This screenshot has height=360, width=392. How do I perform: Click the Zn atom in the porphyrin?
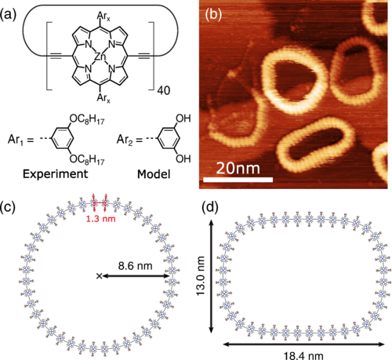[100, 56]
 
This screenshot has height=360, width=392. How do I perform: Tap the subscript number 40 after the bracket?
[164, 90]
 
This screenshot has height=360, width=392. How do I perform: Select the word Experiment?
[55, 174]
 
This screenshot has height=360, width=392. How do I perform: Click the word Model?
[154, 174]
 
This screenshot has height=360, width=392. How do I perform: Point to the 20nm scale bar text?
[238, 169]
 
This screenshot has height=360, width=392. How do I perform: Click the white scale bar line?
[238, 180]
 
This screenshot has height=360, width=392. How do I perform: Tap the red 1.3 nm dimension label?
[101, 219]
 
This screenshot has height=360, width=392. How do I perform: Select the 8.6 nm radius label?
[135, 266]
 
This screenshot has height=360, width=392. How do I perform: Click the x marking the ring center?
[99, 275]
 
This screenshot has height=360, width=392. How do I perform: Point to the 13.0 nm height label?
[201, 276]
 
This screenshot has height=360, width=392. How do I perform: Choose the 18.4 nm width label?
[303, 355]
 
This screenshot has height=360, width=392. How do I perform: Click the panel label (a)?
[8, 15]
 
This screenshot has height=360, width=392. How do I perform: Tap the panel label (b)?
[213, 15]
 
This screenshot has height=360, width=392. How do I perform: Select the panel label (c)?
[8, 207]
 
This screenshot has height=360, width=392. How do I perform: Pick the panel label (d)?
[210, 207]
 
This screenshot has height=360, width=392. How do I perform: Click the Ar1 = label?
[20, 140]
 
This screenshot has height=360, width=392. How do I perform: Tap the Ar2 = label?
[129, 140]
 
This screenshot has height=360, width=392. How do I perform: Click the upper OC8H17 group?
[87, 120]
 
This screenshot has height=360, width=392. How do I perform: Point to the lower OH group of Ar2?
[183, 158]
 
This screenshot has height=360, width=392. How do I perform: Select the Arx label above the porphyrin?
[103, 16]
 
